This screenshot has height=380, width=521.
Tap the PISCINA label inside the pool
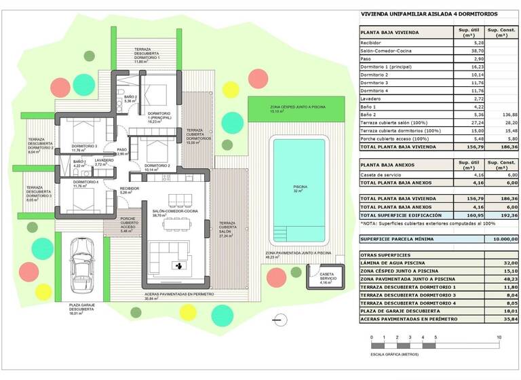coord(299,188)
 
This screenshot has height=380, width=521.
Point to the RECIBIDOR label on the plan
coord(130,189)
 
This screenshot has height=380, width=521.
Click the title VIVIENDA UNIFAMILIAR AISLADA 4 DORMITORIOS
coord(429,14)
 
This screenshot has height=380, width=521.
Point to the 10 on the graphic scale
coord(499,337)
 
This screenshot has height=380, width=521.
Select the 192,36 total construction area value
coord(504,215)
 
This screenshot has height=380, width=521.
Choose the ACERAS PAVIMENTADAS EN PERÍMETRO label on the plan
coord(179,295)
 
